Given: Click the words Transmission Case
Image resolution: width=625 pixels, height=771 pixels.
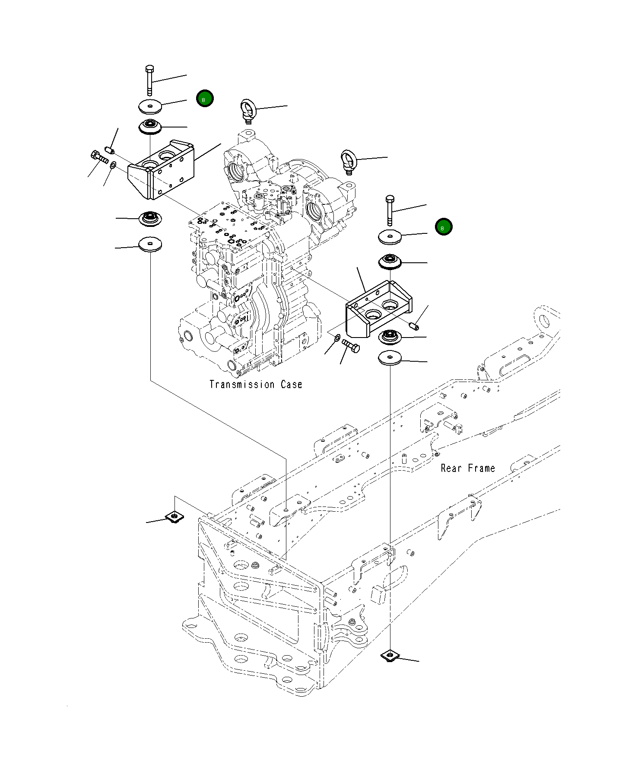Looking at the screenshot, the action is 256,384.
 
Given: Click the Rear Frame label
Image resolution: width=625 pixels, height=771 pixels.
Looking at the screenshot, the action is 468,468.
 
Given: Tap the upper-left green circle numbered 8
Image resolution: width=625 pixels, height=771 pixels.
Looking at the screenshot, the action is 205,99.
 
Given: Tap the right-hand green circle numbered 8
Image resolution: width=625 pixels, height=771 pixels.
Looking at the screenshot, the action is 444,227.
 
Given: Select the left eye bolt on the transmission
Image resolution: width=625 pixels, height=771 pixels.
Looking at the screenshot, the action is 247,111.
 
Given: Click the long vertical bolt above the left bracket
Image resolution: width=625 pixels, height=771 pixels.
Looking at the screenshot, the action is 149,80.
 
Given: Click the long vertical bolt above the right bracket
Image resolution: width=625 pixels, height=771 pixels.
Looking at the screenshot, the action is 390,210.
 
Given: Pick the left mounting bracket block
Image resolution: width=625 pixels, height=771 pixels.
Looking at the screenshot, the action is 161,169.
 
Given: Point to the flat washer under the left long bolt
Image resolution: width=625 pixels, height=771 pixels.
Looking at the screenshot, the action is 150,106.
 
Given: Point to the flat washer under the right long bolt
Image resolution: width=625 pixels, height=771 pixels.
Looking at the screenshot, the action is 390,237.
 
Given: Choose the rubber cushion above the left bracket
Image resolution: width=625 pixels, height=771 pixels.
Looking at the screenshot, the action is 150,126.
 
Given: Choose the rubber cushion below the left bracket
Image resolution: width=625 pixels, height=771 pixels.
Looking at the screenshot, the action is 150,219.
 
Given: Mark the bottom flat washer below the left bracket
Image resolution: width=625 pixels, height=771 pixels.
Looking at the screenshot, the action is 150,245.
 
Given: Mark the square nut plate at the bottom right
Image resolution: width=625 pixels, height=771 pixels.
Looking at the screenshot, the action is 390,668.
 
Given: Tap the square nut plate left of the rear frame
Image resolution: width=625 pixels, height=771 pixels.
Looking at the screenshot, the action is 174,516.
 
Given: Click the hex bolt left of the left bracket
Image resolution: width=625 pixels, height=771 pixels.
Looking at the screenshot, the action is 99,157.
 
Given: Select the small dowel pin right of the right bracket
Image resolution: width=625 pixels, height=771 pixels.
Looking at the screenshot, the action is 414,325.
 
